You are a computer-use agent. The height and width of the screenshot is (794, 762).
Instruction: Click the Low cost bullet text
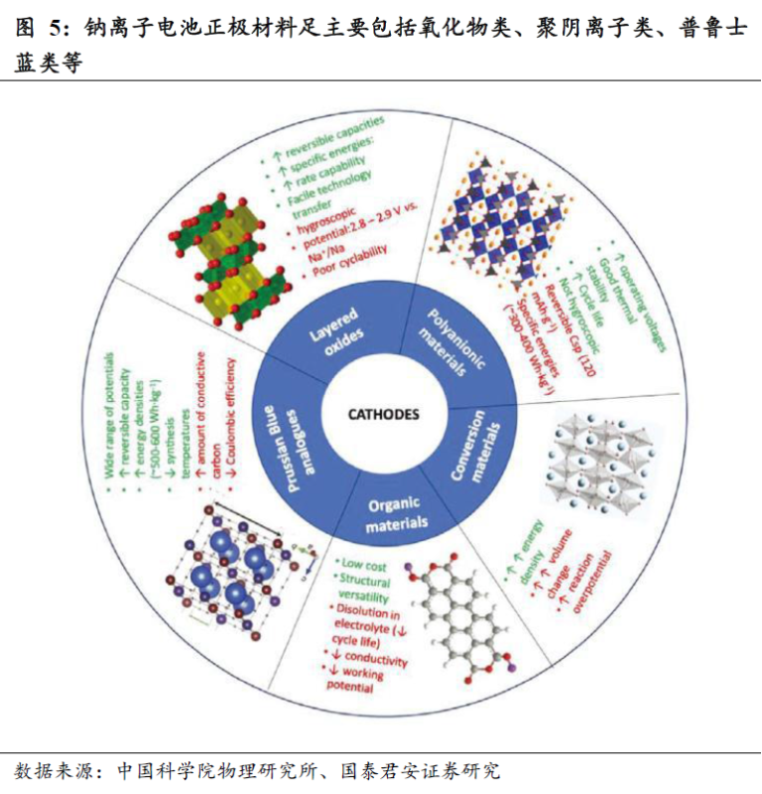pos(363,564)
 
